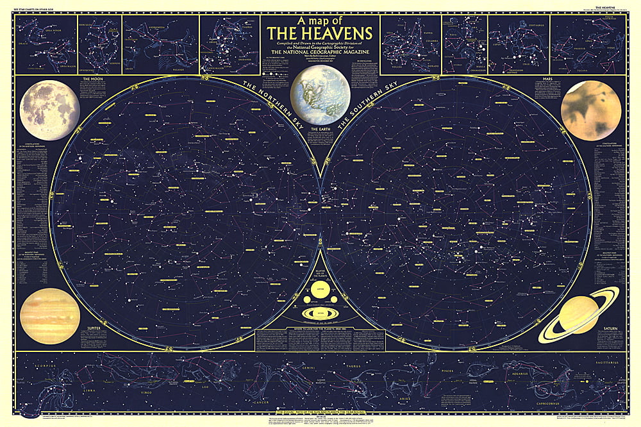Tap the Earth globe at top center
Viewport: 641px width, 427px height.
[320, 94]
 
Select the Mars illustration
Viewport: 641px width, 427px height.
[590, 110]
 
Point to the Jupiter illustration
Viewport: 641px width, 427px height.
[50, 315]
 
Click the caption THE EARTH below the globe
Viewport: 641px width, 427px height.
[319, 130]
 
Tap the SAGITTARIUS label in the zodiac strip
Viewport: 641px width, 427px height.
[603, 364]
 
